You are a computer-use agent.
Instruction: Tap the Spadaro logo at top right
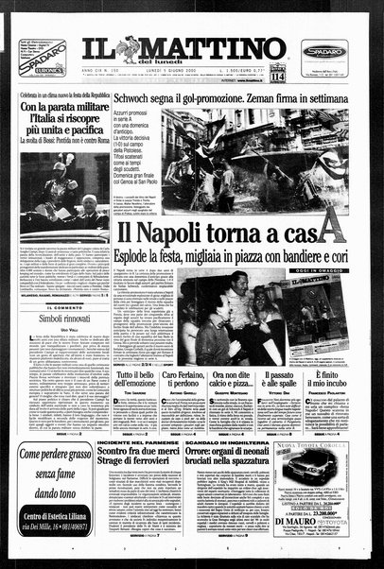(323, 48)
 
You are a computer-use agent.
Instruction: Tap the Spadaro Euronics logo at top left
(45, 57)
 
